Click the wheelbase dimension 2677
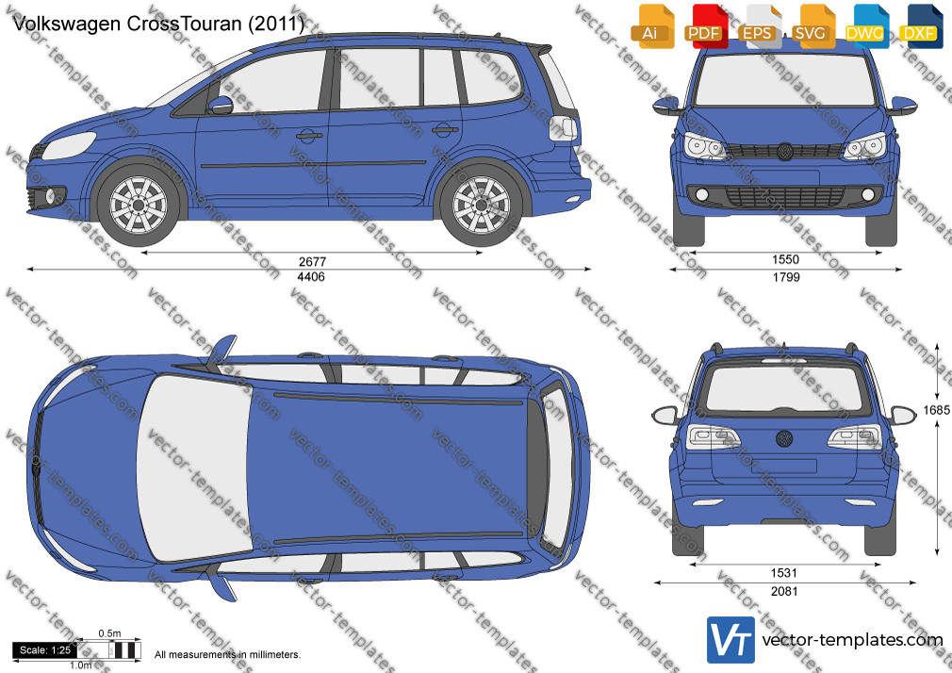(x=312, y=262)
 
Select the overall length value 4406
(x=312, y=277)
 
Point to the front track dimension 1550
(x=785, y=260)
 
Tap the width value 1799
(x=786, y=277)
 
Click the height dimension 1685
(x=936, y=411)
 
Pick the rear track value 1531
(x=784, y=573)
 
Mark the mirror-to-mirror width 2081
(x=784, y=591)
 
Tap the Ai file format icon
(x=651, y=26)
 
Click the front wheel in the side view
(x=139, y=205)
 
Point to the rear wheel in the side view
(x=482, y=205)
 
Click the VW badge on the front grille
(x=785, y=152)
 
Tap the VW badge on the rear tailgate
(x=784, y=438)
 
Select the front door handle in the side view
(x=310, y=135)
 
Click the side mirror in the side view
(x=220, y=105)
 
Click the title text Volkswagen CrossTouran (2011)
(x=157, y=24)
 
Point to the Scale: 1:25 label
(x=45, y=650)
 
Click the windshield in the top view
(x=195, y=468)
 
